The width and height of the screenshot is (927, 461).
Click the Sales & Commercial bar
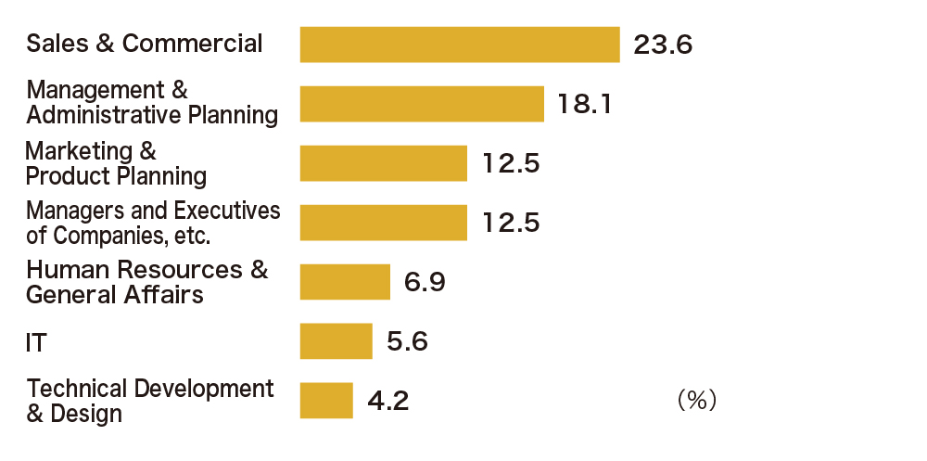tap(460, 45)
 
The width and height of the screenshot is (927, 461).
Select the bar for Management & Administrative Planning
tap(422, 104)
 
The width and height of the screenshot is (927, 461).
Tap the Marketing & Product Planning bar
tap(383, 163)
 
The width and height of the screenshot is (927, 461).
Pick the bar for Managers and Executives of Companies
tap(383, 223)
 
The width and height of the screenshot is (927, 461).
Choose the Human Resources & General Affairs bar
tap(345, 282)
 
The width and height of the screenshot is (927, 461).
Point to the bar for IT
tap(336, 340)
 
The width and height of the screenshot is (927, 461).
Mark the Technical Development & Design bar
tap(326, 400)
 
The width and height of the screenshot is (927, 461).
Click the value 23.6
tap(663, 45)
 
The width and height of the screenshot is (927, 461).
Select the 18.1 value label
tap(585, 104)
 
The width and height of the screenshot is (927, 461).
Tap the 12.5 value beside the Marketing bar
tap(511, 163)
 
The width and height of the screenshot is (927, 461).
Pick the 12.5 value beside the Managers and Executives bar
tap(511, 223)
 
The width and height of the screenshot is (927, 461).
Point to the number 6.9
tap(425, 282)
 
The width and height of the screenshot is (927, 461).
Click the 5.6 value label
tap(407, 341)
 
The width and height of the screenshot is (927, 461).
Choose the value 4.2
tap(388, 401)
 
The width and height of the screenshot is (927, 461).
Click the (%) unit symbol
tap(696, 400)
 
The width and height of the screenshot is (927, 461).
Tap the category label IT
tap(36, 343)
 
